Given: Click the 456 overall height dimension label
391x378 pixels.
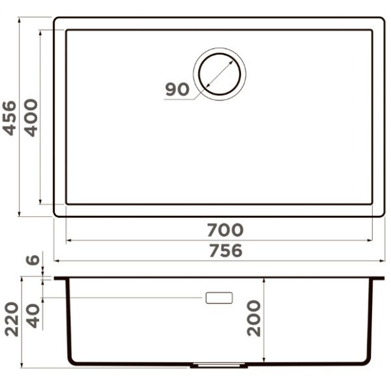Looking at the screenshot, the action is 9,118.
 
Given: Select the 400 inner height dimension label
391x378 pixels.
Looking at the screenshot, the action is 31,118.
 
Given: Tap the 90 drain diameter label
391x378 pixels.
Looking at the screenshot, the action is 177,89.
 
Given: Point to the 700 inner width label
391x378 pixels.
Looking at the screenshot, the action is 225,230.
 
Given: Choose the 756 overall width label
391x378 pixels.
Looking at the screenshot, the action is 225,250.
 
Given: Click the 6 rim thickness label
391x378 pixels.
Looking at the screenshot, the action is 33,260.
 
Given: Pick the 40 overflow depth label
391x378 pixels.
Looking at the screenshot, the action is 33,315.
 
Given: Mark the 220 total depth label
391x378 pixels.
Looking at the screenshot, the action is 12,319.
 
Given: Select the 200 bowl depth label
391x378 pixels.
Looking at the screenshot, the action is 253,318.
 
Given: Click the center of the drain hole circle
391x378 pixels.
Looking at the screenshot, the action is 220,74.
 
